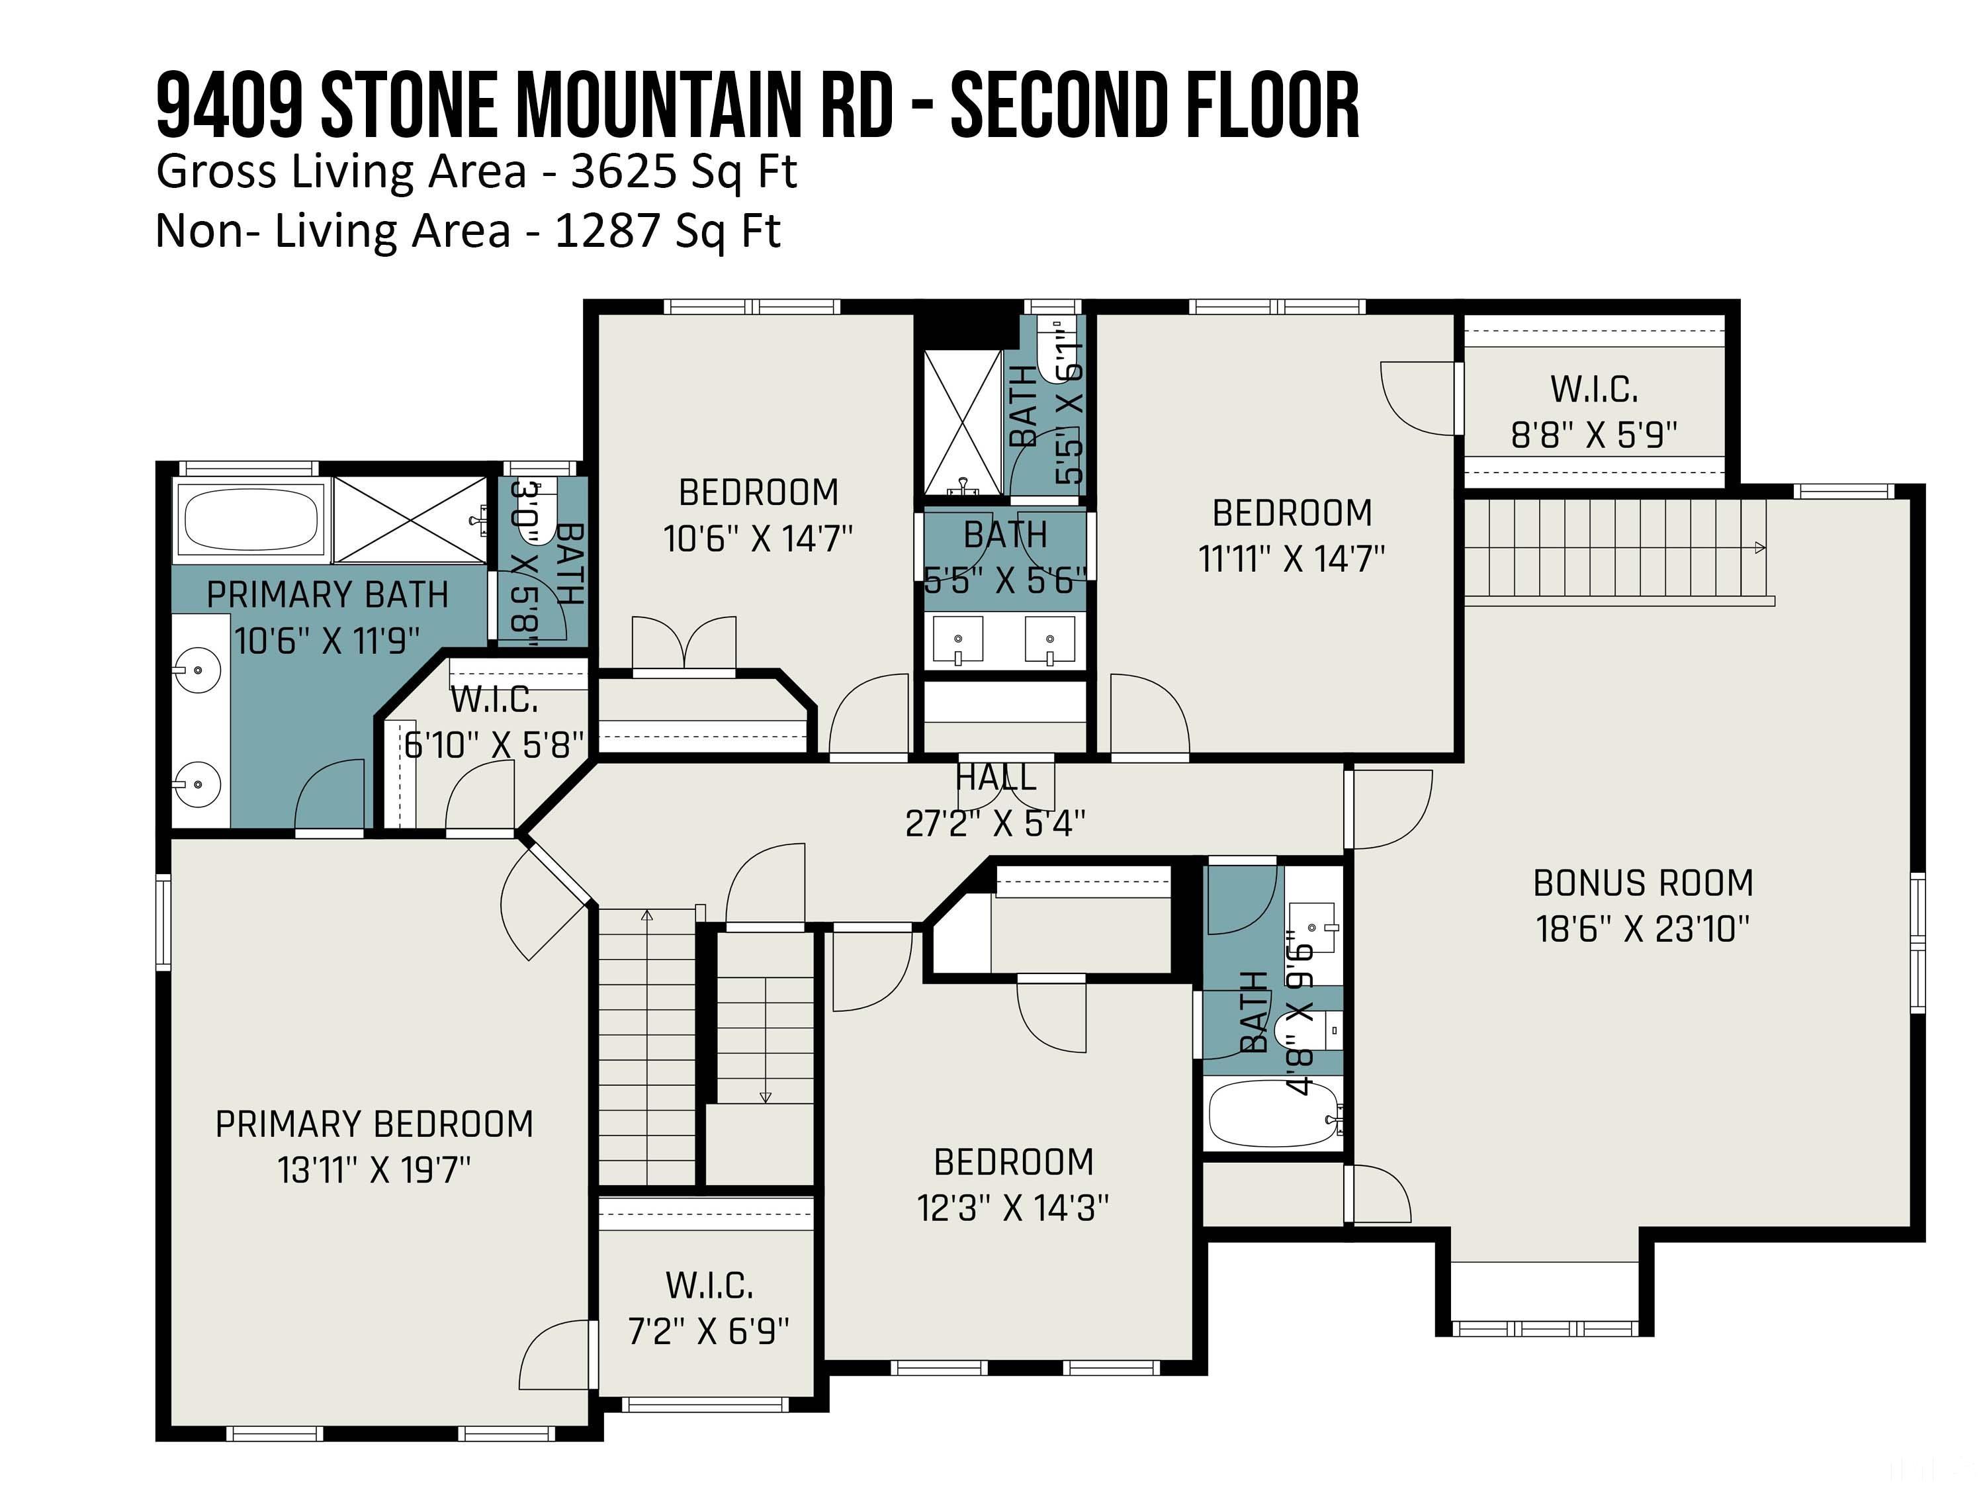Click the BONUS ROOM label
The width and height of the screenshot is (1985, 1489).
(1642, 883)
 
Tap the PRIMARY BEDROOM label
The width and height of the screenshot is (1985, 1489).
(375, 1124)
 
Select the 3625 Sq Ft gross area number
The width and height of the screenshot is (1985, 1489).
(684, 171)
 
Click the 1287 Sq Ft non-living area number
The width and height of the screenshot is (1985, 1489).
(668, 231)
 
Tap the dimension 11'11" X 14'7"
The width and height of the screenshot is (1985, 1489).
(1292, 559)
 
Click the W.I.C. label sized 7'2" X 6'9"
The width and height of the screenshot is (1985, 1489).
(709, 1285)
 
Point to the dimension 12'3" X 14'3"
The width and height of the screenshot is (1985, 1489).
(1013, 1208)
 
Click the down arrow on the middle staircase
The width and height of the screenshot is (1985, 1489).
(766, 1097)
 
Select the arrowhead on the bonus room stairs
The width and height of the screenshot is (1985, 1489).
(1760, 547)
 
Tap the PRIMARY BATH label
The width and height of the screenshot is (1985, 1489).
(328, 595)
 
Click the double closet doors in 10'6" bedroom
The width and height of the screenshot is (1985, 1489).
(684, 643)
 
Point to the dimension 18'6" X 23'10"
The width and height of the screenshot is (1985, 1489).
(1642, 929)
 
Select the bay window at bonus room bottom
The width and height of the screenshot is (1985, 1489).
(1544, 1328)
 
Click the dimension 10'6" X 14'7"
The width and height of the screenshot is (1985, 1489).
(758, 539)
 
